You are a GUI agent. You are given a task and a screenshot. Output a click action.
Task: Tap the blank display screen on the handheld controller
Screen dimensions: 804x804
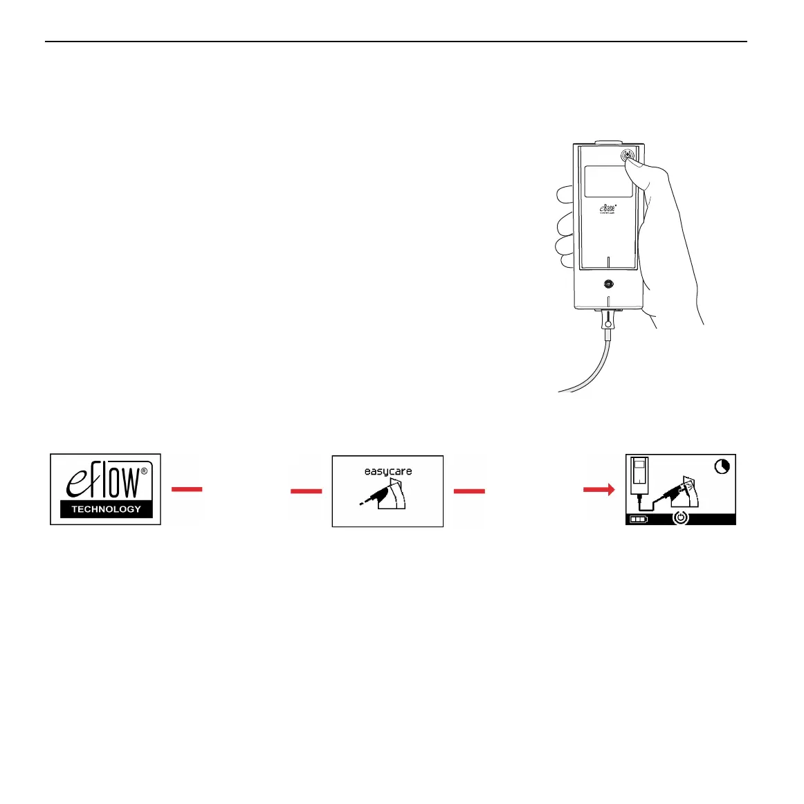607,181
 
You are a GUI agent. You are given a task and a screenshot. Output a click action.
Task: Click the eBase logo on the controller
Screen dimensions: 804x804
608,208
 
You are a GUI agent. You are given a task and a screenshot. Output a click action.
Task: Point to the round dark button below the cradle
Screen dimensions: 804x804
608,284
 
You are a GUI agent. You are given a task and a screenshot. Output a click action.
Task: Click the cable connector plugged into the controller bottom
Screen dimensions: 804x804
607,321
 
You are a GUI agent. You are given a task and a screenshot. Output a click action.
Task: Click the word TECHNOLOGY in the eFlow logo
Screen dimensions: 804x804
106,509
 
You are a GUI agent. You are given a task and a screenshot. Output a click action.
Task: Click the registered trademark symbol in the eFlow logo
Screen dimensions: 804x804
144,471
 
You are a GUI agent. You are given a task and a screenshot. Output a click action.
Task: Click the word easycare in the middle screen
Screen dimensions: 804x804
388,471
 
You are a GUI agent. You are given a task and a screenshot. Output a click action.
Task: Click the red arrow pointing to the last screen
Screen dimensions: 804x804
599,490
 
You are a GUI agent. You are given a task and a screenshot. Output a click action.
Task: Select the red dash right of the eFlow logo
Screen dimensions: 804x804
187,489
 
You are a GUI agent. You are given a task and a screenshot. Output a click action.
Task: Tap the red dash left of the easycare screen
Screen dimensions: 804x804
306,491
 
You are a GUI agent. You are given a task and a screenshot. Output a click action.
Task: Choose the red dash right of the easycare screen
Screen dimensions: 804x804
469,491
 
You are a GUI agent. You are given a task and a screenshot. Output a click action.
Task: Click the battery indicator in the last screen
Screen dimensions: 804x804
639,518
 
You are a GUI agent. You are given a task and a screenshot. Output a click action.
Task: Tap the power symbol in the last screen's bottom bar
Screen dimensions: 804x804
682,518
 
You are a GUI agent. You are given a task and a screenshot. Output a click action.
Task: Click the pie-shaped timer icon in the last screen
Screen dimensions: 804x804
722,467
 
